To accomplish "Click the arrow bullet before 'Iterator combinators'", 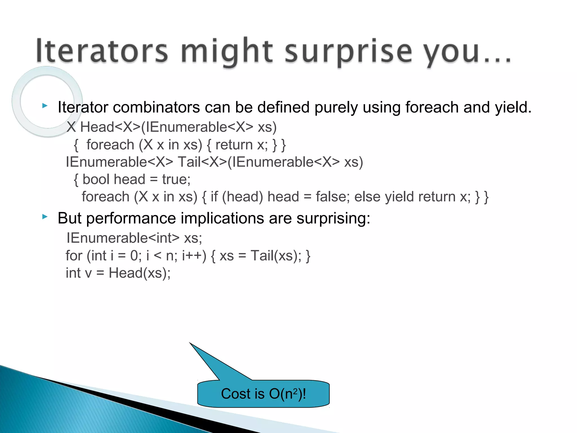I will click(45, 106).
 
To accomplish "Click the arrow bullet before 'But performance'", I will click(45, 216).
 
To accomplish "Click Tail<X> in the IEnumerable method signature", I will click(202, 162).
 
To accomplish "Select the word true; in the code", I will click(176, 180).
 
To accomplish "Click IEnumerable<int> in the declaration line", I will click(123, 238).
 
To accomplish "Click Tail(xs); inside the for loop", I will click(276, 256).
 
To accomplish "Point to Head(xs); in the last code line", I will click(140, 273).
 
